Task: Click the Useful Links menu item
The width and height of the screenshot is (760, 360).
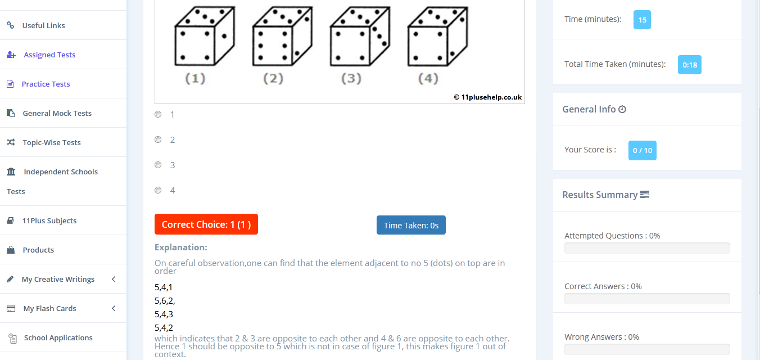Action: [x=43, y=25]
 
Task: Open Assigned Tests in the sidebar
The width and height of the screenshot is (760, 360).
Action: [x=49, y=55]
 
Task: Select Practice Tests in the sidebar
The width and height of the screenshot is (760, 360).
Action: [x=46, y=84]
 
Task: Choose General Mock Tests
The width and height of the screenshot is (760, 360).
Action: [x=57, y=113]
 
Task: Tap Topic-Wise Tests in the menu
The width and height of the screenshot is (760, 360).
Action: [x=52, y=142]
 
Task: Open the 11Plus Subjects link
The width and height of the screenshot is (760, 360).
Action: [x=49, y=220]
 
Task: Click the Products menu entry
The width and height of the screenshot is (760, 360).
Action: [x=38, y=250]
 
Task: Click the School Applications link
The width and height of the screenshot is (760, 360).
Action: [x=58, y=337]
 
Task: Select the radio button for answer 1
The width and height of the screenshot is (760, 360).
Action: [x=158, y=114]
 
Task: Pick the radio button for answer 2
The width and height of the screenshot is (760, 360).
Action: [x=158, y=139]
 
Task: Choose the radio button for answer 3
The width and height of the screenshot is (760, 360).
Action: [x=158, y=165]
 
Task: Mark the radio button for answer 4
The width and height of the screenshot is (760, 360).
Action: [x=158, y=190]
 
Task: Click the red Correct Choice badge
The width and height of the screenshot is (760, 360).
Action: [x=206, y=224]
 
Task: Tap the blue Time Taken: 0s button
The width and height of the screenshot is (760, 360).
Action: [x=411, y=225]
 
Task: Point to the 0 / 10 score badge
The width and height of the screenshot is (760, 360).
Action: [x=642, y=150]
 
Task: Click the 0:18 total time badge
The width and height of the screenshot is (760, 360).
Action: [x=689, y=65]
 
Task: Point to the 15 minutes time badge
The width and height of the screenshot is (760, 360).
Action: [x=642, y=20]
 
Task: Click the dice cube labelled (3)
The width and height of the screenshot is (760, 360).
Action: [x=359, y=37]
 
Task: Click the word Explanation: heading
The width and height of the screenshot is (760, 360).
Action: [x=181, y=247]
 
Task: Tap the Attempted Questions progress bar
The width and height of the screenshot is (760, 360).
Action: [x=647, y=248]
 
